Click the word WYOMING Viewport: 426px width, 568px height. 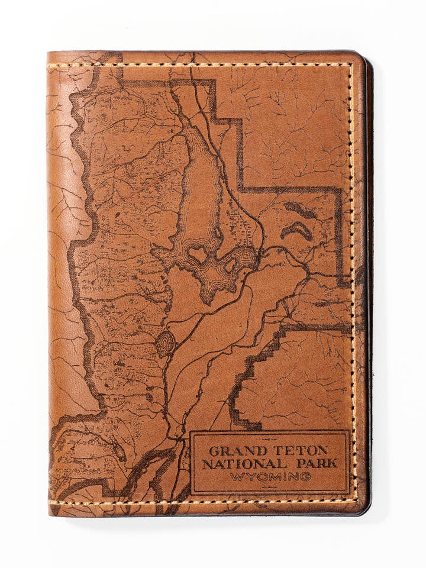point(270,477)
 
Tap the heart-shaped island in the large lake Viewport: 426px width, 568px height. point(198,254)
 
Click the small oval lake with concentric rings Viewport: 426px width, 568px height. point(165,344)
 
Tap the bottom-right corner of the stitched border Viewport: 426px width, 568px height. point(353,501)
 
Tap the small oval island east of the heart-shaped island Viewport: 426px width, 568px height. point(230,266)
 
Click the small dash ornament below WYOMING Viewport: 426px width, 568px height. point(270,486)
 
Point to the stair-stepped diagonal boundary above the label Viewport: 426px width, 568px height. point(260,361)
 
